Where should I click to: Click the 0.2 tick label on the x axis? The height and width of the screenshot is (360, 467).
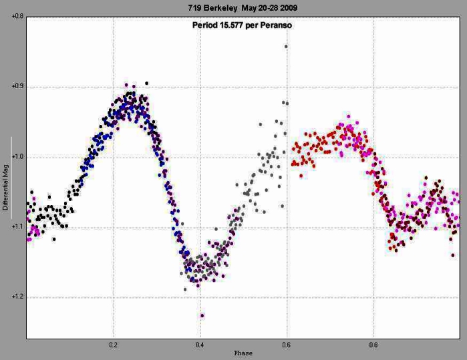(x=114, y=346)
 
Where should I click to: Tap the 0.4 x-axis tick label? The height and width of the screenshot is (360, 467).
(x=200, y=346)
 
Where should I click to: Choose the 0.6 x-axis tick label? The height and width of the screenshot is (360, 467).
(x=287, y=346)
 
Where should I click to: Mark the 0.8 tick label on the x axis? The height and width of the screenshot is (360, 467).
(x=373, y=346)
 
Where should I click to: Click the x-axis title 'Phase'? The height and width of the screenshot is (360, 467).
(x=243, y=353)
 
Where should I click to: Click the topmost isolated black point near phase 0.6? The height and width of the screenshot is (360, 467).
(x=286, y=46)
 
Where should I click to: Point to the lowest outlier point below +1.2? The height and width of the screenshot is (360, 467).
(x=202, y=315)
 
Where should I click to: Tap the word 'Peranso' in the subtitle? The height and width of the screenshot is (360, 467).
(x=278, y=25)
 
